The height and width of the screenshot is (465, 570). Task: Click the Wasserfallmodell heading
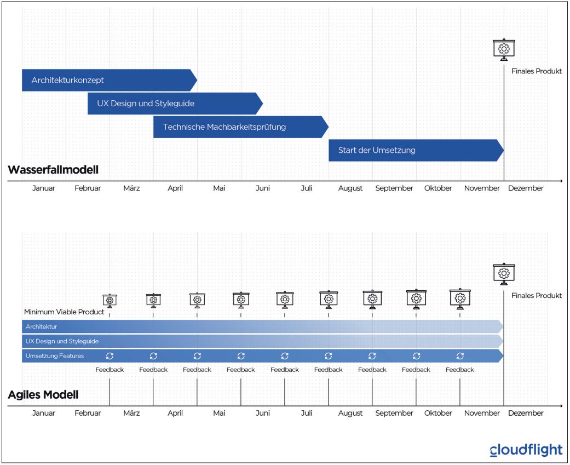coord(53,170)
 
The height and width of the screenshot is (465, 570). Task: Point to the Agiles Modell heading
coord(43,394)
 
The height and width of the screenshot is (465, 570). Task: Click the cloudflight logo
coord(526,450)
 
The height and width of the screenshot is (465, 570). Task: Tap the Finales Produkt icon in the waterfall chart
coord(504,49)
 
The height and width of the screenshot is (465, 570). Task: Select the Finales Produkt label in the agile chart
coord(537,296)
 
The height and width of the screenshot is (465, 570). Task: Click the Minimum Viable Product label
coord(64,312)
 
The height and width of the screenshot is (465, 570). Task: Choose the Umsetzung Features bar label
coord(55,356)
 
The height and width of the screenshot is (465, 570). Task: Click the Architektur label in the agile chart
coord(42,326)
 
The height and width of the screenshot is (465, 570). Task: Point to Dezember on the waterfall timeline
coord(526,188)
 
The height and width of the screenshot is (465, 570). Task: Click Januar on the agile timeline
coord(44,413)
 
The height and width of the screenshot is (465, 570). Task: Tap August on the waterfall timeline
coord(350,188)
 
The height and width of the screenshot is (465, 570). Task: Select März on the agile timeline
coord(131,413)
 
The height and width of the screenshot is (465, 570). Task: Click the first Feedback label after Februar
coord(110,370)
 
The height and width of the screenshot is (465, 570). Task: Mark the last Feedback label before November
coord(460,370)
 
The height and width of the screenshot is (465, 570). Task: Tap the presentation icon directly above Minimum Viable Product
coord(110,300)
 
